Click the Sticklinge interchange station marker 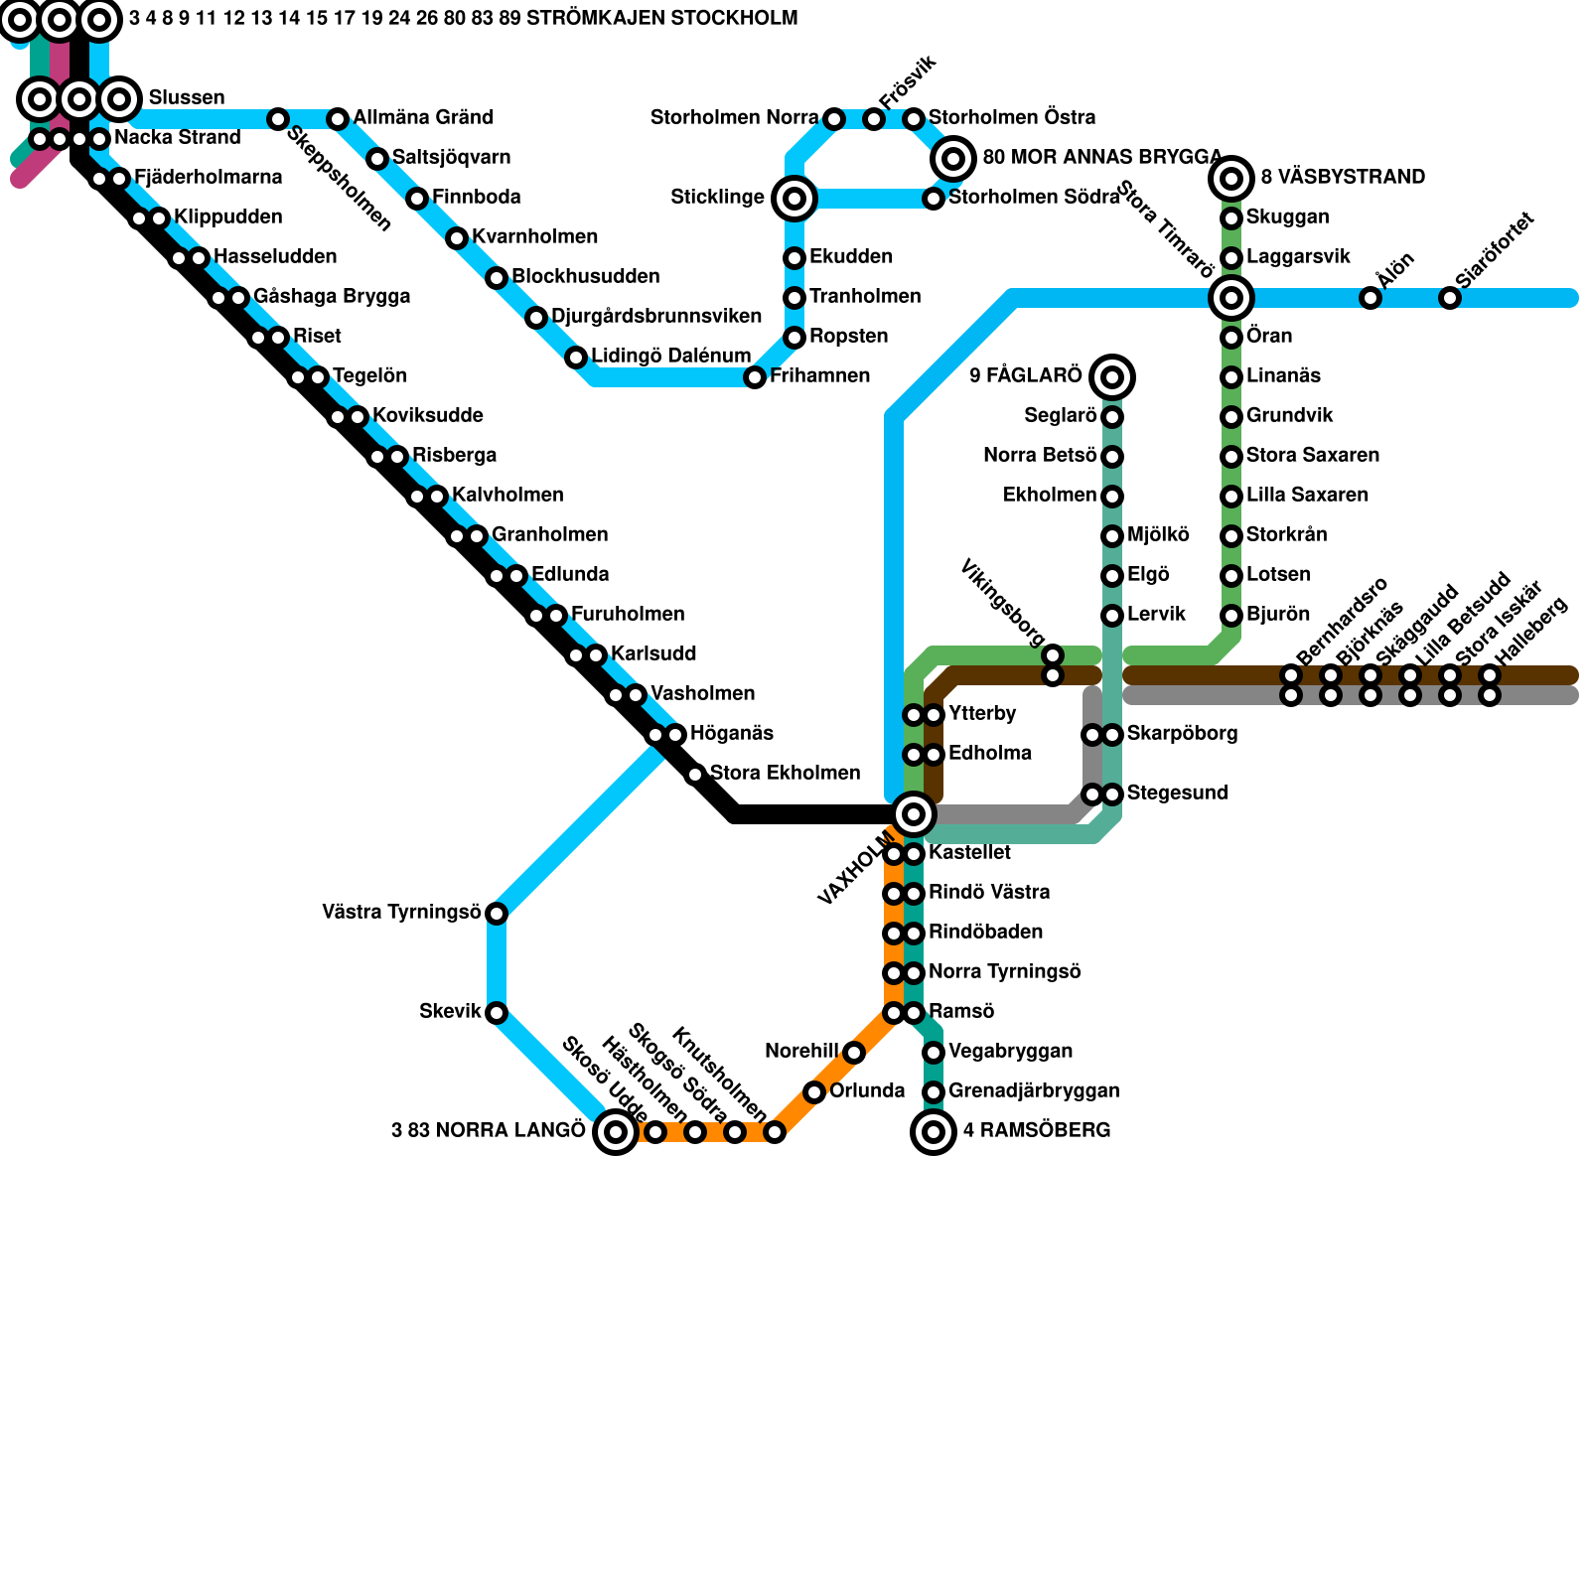point(794,199)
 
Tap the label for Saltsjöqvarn point(451,158)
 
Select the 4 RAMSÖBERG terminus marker point(934,1131)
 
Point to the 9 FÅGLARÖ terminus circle point(1112,376)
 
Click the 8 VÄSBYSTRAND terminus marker point(1231,179)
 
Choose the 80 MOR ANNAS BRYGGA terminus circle point(953,158)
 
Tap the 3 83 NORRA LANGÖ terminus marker point(616,1131)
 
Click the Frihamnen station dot point(755,377)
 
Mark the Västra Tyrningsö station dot point(497,914)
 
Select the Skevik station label point(450,1012)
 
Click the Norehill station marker point(854,1053)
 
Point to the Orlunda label point(867,1091)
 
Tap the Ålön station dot point(1371,298)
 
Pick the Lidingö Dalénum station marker point(576,358)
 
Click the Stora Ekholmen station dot point(695,775)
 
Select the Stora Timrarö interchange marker point(1231,297)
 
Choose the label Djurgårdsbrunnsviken point(656,317)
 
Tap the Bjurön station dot point(1231,616)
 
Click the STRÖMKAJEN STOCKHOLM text point(661,19)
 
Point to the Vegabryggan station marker point(934,1053)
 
